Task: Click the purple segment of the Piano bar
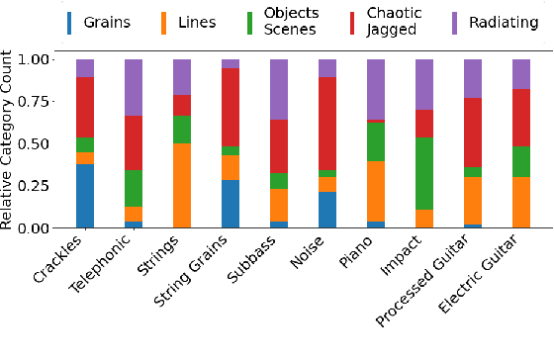[x=377, y=89]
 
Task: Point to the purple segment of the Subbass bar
[x=280, y=89]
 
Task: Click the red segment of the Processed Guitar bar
[x=474, y=133]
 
